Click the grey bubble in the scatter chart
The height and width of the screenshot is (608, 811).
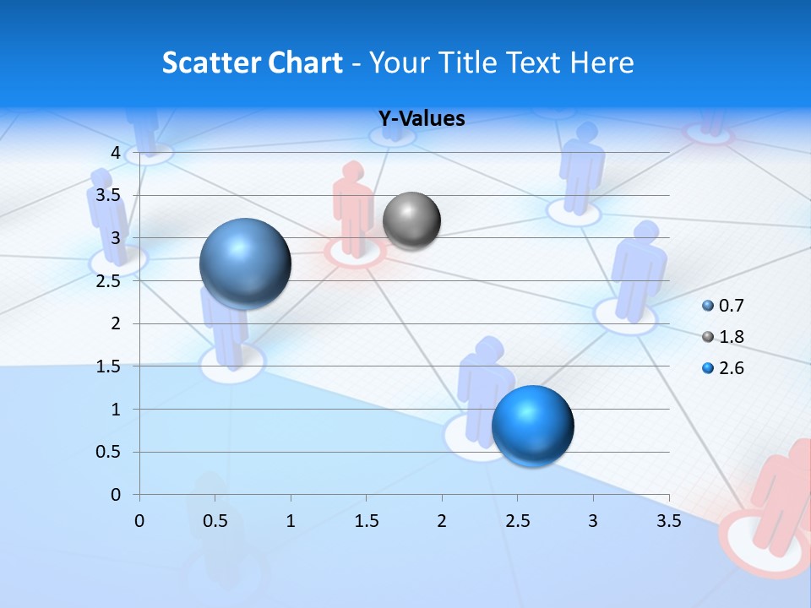[x=411, y=221]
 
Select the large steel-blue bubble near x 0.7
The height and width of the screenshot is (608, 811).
[x=246, y=263]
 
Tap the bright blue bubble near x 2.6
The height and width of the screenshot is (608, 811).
[x=532, y=426]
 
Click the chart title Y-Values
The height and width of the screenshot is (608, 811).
[x=422, y=119]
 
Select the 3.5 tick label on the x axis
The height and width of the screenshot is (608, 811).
[x=668, y=521]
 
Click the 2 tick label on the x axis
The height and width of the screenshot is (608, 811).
[x=442, y=521]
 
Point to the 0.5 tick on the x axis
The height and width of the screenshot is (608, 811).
[x=215, y=521]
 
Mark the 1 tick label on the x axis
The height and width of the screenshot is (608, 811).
[x=291, y=521]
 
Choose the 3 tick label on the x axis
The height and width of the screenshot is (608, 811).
[x=593, y=521]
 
